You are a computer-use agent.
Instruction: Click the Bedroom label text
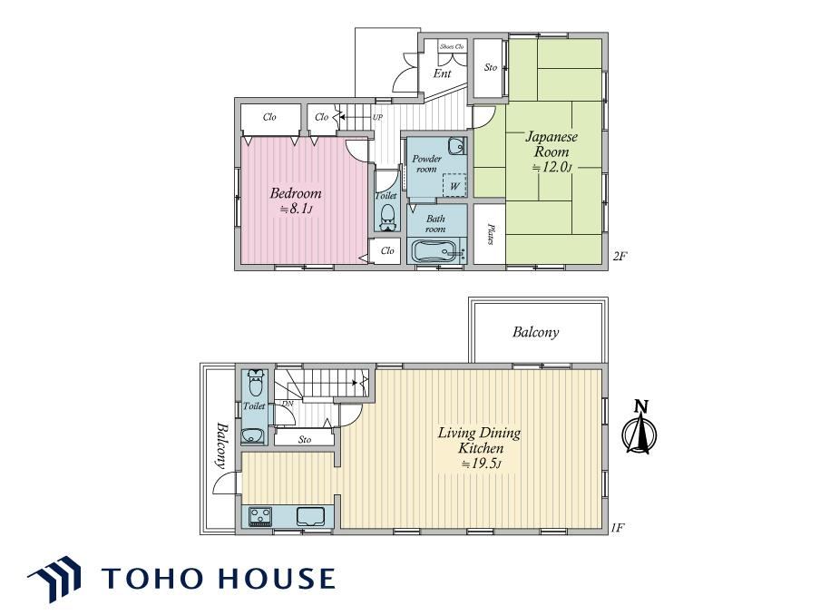pyautogui.click(x=296, y=193)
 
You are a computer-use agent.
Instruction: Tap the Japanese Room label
pyautogui.click(x=552, y=144)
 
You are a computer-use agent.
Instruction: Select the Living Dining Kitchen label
pyautogui.click(x=479, y=440)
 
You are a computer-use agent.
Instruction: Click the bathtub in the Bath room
pyautogui.click(x=437, y=251)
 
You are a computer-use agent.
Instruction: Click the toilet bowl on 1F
pyautogui.click(x=255, y=382)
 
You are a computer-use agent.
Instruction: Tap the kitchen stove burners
pyautogui.click(x=260, y=517)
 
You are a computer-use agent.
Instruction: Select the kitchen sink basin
pyautogui.click(x=310, y=516)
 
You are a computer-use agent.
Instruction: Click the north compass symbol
pyautogui.click(x=639, y=428)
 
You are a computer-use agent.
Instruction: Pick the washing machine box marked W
pyautogui.click(x=454, y=185)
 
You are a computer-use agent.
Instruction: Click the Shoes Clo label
pyautogui.click(x=452, y=46)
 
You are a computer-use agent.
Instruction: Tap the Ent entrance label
pyautogui.click(x=443, y=73)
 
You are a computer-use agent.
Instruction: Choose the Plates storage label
pyautogui.click(x=491, y=234)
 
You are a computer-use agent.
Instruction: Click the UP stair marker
pyautogui.click(x=377, y=117)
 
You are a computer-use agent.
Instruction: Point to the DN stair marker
pyautogui.click(x=288, y=404)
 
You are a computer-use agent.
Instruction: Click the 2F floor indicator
pyautogui.click(x=620, y=256)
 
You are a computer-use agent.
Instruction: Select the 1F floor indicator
pyautogui.click(x=618, y=528)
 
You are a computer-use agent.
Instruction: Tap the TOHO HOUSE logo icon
pyautogui.click(x=55, y=579)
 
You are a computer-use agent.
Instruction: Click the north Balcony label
pyautogui.click(x=535, y=332)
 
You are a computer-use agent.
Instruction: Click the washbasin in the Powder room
pyautogui.click(x=456, y=146)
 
